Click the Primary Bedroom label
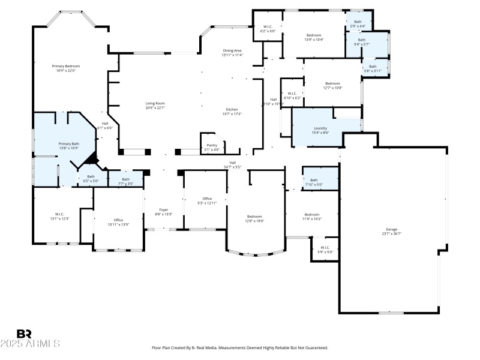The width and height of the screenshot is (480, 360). click(x=66, y=66)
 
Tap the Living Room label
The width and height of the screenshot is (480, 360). click(x=155, y=103)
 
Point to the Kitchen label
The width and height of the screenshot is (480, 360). click(x=232, y=109)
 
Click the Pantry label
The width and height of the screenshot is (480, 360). click(x=212, y=145)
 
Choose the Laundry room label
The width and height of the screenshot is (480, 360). click(x=320, y=128)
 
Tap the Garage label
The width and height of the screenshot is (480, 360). click(x=391, y=229)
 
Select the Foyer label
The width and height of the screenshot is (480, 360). click(x=164, y=209)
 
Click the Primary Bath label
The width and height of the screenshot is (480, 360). click(x=68, y=143)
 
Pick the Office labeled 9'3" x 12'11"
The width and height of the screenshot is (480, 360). click(x=207, y=199)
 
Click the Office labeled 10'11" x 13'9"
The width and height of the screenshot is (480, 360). click(x=118, y=220)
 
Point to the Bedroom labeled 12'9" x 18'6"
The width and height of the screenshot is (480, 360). click(x=255, y=216)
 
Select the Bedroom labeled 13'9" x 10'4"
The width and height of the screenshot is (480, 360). click(x=314, y=35)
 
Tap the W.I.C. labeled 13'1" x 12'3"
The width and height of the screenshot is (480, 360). click(x=59, y=214)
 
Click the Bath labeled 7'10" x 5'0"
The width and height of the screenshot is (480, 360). click(x=314, y=180)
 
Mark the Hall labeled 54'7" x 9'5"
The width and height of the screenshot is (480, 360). click(x=232, y=163)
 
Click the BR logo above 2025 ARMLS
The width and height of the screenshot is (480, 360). click(x=25, y=333)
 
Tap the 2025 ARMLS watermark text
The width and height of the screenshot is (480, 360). click(x=30, y=344)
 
